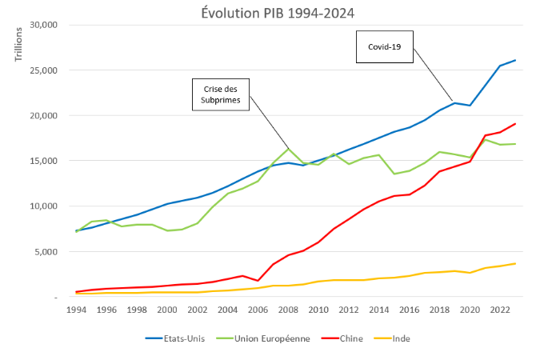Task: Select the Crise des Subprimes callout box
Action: (x=221, y=94)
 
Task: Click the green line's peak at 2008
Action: (x=289, y=149)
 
